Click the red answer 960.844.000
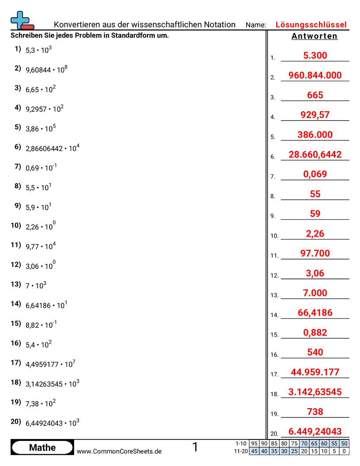point(315,75)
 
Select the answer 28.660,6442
point(315,154)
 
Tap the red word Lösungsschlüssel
point(311,25)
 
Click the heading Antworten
point(315,36)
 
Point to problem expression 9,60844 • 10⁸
point(46,69)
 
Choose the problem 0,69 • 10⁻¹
point(41,168)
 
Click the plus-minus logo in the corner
point(22,21)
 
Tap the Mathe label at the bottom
point(42,447)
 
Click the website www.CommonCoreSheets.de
point(119,451)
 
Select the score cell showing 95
point(254,443)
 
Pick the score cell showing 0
point(344,451)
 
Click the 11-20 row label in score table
point(241,451)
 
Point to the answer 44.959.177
point(315,372)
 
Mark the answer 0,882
point(315,332)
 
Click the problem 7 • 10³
point(36,286)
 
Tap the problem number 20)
point(16,421)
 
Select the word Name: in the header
point(256,25)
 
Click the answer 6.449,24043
point(315,431)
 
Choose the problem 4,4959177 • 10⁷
point(50,365)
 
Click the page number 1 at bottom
point(195,447)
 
